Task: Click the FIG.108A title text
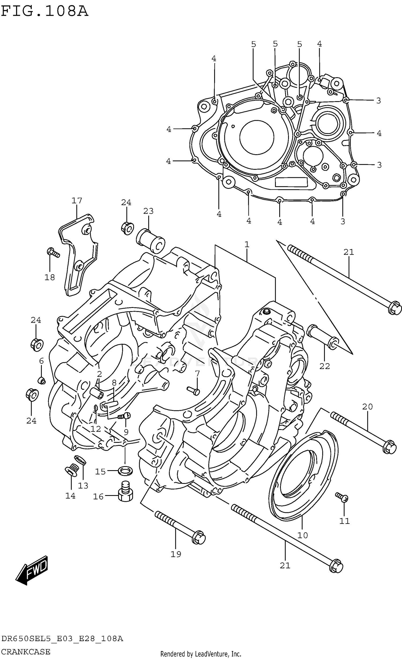coord(44,11)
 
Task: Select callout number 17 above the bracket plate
coord(77,201)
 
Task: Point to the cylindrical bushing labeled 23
coord(151,241)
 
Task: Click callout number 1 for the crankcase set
coord(247,244)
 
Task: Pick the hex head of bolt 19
coord(199,538)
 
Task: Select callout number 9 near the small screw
coord(126,432)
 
